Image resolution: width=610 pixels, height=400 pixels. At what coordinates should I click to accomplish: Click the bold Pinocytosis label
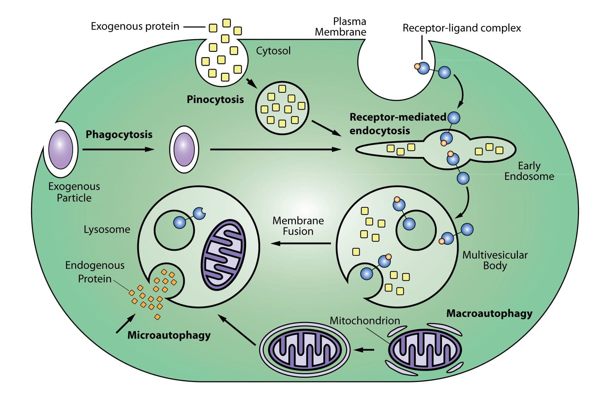(215, 99)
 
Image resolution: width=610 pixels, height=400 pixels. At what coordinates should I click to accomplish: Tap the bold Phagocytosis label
(119, 134)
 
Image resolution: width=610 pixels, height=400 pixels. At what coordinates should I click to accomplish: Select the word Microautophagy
(169, 335)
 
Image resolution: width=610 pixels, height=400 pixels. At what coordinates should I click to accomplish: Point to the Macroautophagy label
(489, 313)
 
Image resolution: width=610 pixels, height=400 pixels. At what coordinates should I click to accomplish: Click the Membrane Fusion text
(298, 226)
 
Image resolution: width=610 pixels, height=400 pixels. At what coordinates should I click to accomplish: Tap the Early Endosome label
(529, 171)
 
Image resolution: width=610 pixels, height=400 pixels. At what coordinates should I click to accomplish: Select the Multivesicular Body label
(495, 260)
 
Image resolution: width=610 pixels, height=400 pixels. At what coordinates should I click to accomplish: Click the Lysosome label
(107, 229)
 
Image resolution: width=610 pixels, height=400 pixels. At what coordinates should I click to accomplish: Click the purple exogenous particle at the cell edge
(61, 149)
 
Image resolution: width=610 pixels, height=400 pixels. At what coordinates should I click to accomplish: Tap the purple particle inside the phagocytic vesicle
(184, 149)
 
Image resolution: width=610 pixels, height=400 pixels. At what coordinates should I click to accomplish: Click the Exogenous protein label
(135, 26)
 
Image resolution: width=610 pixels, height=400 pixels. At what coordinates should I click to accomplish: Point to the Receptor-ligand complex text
(461, 28)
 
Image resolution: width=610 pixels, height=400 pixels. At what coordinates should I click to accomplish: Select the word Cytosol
(273, 51)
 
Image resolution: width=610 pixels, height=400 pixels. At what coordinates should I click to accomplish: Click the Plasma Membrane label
(340, 27)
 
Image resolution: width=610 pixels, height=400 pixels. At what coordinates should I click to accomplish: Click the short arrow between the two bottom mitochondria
(364, 350)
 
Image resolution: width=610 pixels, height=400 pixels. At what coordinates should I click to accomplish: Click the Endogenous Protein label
(95, 272)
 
